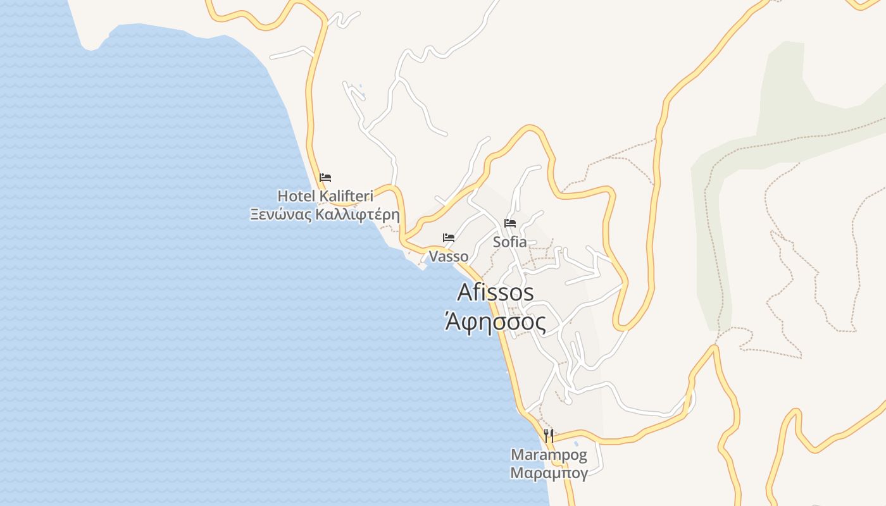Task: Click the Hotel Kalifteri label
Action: pos(325,195)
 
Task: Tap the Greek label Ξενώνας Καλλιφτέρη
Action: pos(325,214)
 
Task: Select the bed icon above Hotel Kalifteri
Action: pos(325,178)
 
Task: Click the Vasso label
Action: pos(449,256)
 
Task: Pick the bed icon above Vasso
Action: pos(449,238)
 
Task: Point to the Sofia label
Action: pos(509,242)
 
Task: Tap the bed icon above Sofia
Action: pos(510,223)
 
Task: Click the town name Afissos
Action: pos(495,292)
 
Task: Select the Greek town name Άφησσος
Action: pos(495,323)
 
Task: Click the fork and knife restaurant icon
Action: pos(549,435)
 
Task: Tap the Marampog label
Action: pos(549,454)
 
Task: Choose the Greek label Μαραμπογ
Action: pos(549,472)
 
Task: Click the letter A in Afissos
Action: pos(465,292)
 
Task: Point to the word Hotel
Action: pos(296,195)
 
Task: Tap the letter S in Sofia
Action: pos(497,242)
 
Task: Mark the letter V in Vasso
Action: pos(434,256)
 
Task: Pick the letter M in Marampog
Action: pos(516,454)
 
